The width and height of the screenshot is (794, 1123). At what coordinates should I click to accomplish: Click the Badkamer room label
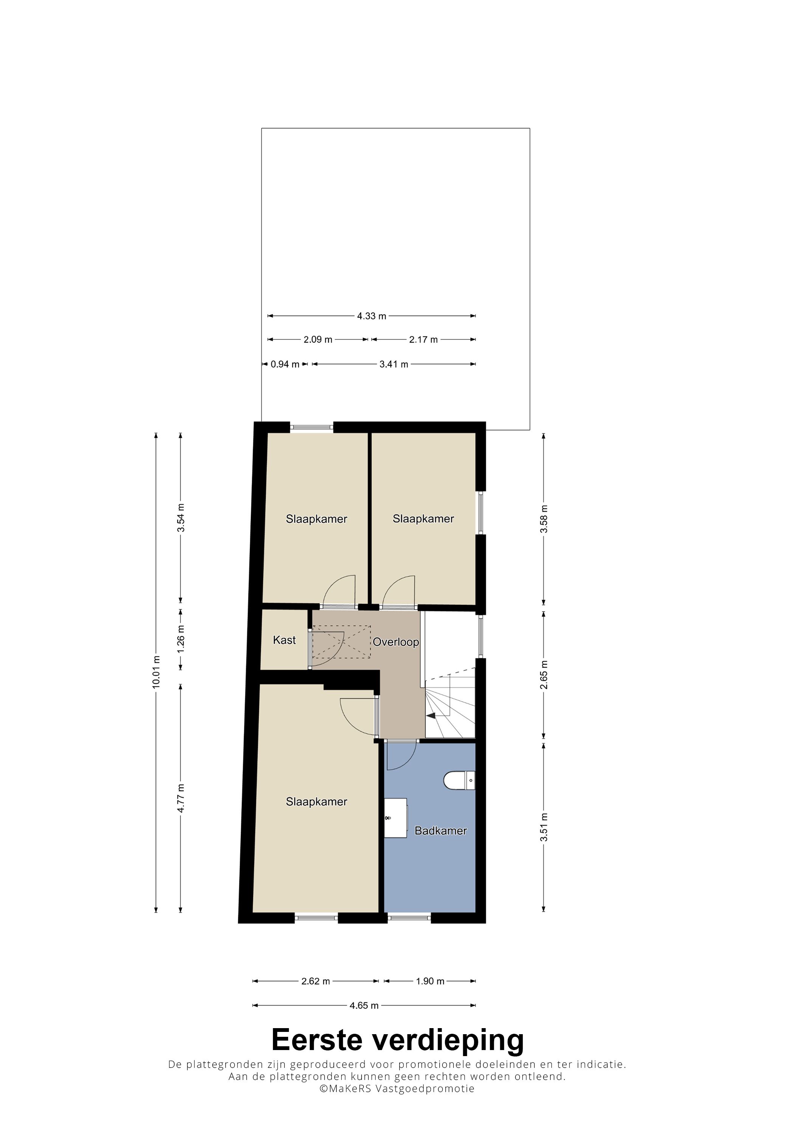[x=440, y=830]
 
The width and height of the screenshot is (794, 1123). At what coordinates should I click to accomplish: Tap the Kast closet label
[x=284, y=640]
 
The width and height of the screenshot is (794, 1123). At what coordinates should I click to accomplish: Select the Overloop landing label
[x=396, y=642]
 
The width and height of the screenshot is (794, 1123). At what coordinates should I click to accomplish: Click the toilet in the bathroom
[x=459, y=780]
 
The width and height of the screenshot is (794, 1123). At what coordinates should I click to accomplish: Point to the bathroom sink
[x=395, y=818]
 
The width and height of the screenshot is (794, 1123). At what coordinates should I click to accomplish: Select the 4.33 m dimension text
[x=371, y=316]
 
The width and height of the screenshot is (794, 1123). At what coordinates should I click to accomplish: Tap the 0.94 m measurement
[x=285, y=364]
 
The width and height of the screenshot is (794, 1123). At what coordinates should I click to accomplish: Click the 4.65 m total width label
[x=364, y=1005]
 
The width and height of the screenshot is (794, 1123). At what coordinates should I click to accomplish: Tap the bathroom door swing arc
[x=406, y=762]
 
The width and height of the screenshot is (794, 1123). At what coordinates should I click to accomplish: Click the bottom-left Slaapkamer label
[x=316, y=802]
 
